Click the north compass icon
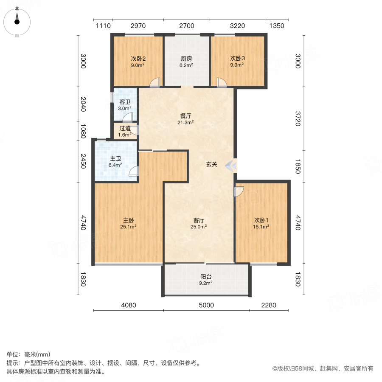point(17,20)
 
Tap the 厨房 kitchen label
point(186,62)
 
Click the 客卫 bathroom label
point(125,105)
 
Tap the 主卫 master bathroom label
point(115,161)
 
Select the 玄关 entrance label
point(212,165)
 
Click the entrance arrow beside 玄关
point(231,165)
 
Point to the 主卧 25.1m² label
point(129,223)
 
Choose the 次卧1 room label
point(262,223)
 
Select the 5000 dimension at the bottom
point(206,305)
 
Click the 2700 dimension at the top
point(186,26)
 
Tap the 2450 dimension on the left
point(84,160)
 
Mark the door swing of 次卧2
point(155,82)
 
